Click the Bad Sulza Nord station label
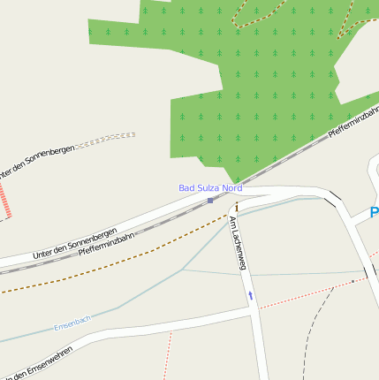click(x=210, y=187)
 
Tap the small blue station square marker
click(x=210, y=200)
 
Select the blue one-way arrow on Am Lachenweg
click(x=250, y=295)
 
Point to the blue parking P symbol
click(x=375, y=213)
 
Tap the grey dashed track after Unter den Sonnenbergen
click(x=110, y=139)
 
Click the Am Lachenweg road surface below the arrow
click(x=258, y=345)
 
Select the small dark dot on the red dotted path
click(x=352, y=281)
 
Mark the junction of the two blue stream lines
click(x=183, y=269)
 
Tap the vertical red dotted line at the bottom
click(x=165, y=358)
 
